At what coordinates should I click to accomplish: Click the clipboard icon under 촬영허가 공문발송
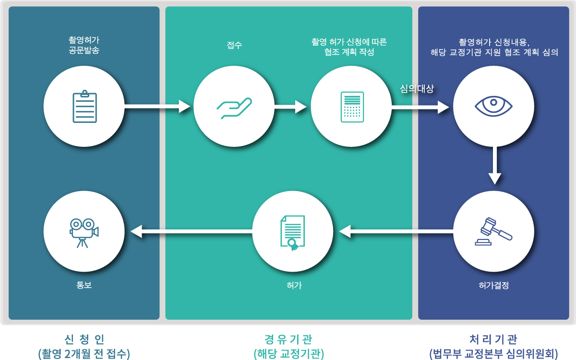[84, 106]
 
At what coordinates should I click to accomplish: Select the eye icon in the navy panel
[493, 106]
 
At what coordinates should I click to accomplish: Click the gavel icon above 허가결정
[493, 232]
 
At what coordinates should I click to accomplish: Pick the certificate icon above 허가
[292, 232]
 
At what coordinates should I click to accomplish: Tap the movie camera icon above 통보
[84, 232]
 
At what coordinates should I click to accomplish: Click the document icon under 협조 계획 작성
[351, 107]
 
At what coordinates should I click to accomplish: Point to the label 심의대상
[417, 89]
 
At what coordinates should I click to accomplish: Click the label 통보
[84, 285]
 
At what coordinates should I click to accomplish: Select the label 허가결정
[493, 285]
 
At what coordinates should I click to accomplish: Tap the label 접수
[234, 46]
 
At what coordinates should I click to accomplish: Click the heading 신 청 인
[84, 339]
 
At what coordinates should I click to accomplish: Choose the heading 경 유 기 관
[288, 339]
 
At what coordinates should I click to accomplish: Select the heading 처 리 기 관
[493, 339]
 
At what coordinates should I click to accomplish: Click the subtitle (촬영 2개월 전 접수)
[84, 354]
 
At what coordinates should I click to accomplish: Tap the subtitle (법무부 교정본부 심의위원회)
[493, 354]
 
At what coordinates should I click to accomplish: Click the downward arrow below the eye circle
[495, 166]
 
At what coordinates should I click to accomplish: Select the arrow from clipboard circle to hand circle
[157, 106]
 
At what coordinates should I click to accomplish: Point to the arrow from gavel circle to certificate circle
[396, 232]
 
